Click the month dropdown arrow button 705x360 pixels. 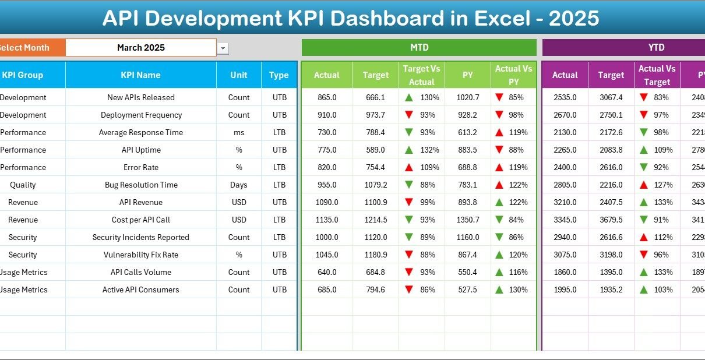[223, 49]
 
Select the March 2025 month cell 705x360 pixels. [141, 48]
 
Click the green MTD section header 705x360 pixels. [419, 48]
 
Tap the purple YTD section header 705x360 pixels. [656, 48]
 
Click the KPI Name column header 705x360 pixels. [140, 75]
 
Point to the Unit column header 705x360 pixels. [239, 75]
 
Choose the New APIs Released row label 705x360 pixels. [141, 97]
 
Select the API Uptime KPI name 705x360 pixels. [141, 150]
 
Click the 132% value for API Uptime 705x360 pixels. [429, 150]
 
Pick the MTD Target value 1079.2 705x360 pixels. [375, 185]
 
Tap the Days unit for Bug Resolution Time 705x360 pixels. [239, 185]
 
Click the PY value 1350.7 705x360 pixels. [468, 220]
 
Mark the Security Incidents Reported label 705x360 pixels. [141, 237]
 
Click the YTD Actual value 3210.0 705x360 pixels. [565, 202]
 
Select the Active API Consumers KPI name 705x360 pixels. [141, 290]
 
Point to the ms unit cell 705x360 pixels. [239, 132]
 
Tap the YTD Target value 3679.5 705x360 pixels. [611, 220]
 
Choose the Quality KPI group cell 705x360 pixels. [23, 185]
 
